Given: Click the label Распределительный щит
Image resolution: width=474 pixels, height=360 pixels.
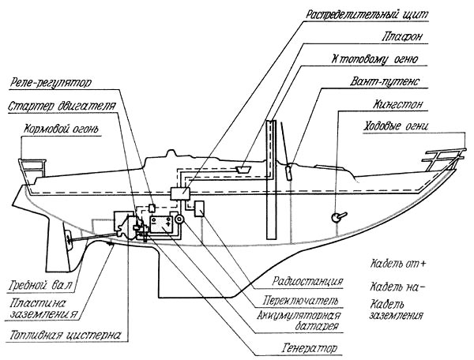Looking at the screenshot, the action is (x=367, y=14).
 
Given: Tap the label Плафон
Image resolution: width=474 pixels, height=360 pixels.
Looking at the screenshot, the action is (x=401, y=36).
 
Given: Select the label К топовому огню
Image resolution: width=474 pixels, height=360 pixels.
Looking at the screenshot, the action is (x=374, y=59).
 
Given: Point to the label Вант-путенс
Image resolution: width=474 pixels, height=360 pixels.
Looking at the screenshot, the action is (x=385, y=81).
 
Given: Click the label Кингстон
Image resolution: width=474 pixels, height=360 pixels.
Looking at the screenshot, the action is (x=397, y=104).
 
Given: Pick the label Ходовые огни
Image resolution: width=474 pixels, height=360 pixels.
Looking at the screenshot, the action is (x=396, y=126).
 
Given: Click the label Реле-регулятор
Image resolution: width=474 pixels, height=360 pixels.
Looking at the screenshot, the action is (x=51, y=82).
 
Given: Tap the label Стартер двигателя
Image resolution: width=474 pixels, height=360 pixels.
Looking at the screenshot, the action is (x=62, y=107).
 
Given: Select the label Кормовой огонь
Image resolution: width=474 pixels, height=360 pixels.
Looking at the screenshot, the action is (x=62, y=129).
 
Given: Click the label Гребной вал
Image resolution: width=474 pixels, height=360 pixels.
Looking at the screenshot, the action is (x=41, y=285).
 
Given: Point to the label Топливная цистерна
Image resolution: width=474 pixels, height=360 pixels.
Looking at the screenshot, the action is (x=65, y=335).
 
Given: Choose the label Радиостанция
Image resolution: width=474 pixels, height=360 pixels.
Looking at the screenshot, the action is (x=307, y=281).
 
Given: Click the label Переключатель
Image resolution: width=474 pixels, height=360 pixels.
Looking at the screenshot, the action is (x=300, y=300).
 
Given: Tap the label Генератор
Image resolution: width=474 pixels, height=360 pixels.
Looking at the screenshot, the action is (x=309, y=348).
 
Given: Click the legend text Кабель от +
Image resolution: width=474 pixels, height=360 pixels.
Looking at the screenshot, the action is (x=398, y=264).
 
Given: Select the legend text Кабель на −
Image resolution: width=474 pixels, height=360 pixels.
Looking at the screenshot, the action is (x=397, y=287).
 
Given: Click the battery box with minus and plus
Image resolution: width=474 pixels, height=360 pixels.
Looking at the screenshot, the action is (x=162, y=224).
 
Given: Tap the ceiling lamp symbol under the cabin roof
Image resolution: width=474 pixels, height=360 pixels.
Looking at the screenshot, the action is (x=243, y=169).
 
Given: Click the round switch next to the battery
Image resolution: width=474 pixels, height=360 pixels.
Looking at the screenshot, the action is (x=179, y=219).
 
